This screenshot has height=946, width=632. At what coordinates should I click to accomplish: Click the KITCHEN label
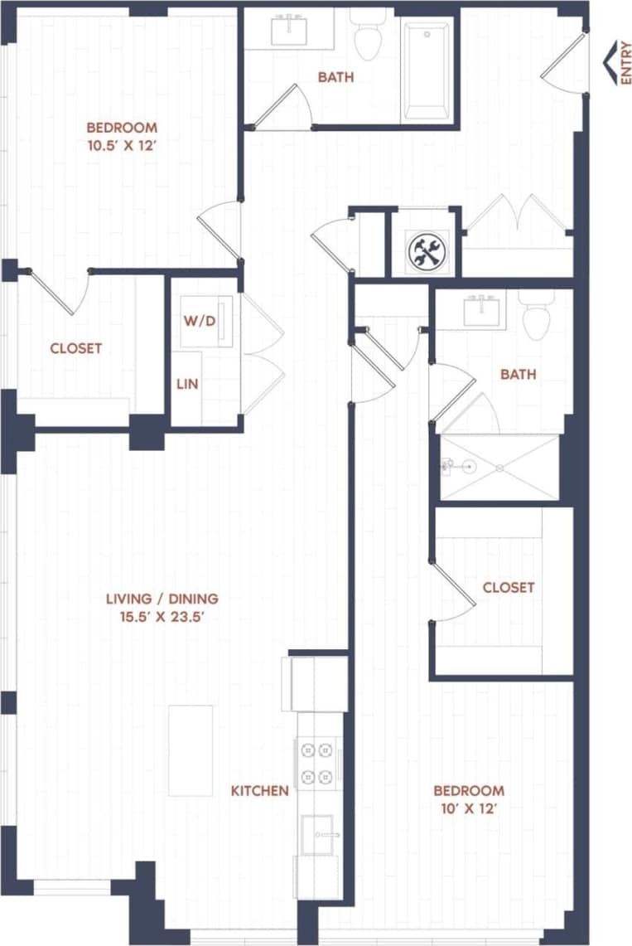pyautogui.click(x=259, y=791)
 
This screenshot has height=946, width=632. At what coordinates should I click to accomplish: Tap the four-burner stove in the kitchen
pyautogui.click(x=319, y=763)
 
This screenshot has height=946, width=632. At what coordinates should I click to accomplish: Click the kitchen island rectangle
pyautogui.click(x=191, y=750)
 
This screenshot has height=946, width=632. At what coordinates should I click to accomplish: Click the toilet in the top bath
pyautogui.click(x=367, y=36)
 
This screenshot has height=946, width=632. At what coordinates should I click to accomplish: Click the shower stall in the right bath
pyautogui.click(x=499, y=467)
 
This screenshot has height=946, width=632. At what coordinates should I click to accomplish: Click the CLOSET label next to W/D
pyautogui.click(x=76, y=348)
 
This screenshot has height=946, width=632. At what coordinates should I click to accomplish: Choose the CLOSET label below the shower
pyautogui.click(x=509, y=587)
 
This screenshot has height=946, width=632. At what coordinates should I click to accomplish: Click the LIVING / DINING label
pyautogui.click(x=162, y=598)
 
